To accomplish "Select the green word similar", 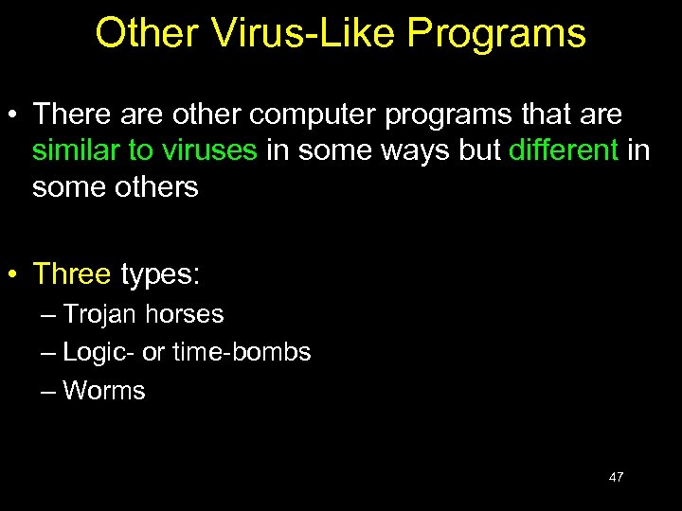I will pyautogui.click(x=73, y=151).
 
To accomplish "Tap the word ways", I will pyautogui.click(x=420, y=151).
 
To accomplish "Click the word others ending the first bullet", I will pyautogui.click(x=156, y=187).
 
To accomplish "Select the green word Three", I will pyautogui.click(x=72, y=274).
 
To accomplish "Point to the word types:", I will pyautogui.click(x=160, y=274).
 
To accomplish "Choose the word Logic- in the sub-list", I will pyautogui.click(x=99, y=353).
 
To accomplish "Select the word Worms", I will pyautogui.click(x=104, y=391).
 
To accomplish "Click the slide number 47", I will pyautogui.click(x=616, y=477).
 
